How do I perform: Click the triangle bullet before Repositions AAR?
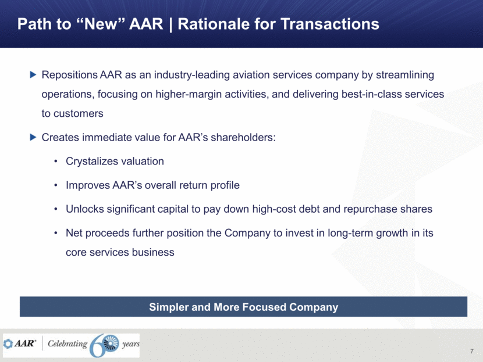point(33,74)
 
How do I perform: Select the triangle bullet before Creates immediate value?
point(33,137)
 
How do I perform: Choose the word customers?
point(78,113)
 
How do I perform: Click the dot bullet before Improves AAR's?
point(56,185)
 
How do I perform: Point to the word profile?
point(225,185)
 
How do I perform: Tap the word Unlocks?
point(85,209)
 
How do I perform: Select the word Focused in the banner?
point(264,307)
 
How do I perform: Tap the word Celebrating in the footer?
point(68,343)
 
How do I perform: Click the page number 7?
point(472,351)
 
